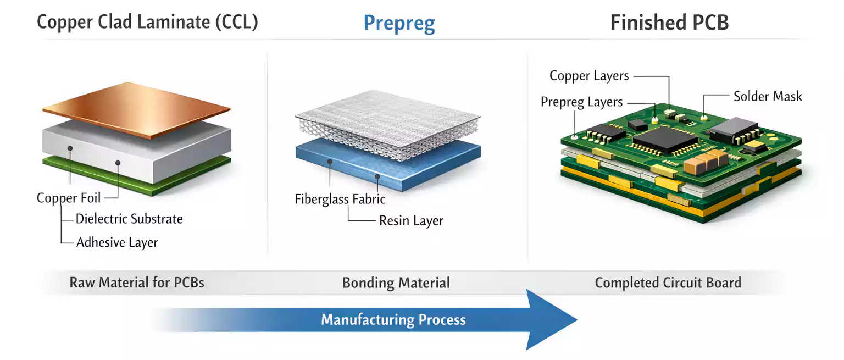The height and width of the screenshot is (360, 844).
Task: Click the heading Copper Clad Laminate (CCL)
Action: (147, 23)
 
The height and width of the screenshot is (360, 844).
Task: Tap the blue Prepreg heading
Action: (399, 23)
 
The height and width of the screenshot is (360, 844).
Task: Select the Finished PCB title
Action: (669, 23)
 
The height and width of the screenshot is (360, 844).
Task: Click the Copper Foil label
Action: (69, 198)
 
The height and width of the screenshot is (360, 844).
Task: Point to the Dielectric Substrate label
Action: (129, 219)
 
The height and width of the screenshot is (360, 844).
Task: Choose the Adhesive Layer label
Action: (117, 242)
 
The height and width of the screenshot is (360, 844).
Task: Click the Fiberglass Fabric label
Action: (340, 199)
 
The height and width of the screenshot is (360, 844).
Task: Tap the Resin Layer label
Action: (411, 221)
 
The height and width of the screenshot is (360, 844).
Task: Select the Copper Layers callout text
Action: (589, 76)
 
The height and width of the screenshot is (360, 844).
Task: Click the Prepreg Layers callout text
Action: (581, 102)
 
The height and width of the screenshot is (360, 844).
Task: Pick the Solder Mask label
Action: (768, 97)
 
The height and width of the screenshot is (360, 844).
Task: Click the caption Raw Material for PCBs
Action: (137, 283)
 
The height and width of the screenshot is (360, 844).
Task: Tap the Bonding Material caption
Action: (396, 283)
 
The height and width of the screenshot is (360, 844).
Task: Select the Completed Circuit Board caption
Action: (668, 283)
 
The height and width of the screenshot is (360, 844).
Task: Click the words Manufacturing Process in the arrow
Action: (393, 320)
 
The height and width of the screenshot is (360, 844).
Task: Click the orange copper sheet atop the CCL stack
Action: (136, 109)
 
